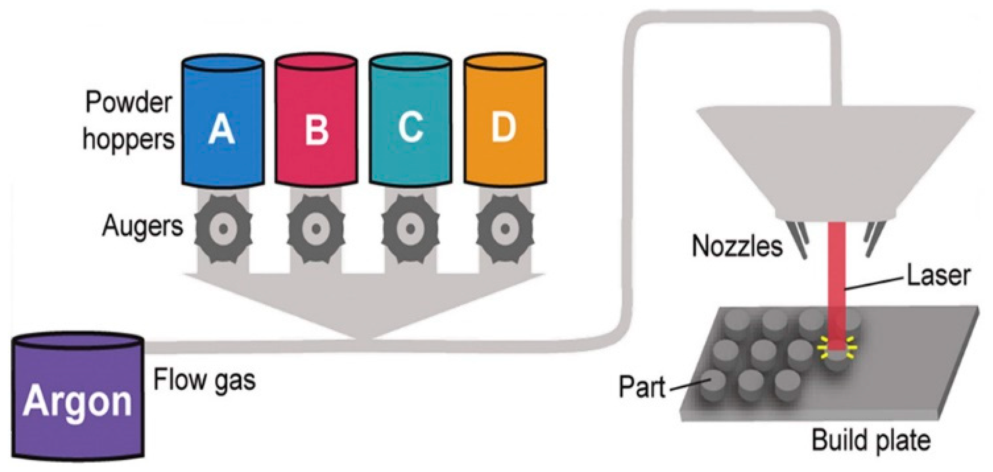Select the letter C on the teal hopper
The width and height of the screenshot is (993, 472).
tap(410, 128)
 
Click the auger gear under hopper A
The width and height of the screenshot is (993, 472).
tap(223, 229)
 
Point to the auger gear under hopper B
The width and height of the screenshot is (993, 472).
tap(316, 229)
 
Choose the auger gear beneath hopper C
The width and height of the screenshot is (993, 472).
tap(410, 229)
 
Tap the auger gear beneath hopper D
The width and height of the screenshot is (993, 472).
tap(505, 229)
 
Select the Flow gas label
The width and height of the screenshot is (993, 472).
tap(204, 380)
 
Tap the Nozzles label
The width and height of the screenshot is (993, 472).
tap(737, 246)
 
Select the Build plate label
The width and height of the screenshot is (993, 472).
tap(871, 440)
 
